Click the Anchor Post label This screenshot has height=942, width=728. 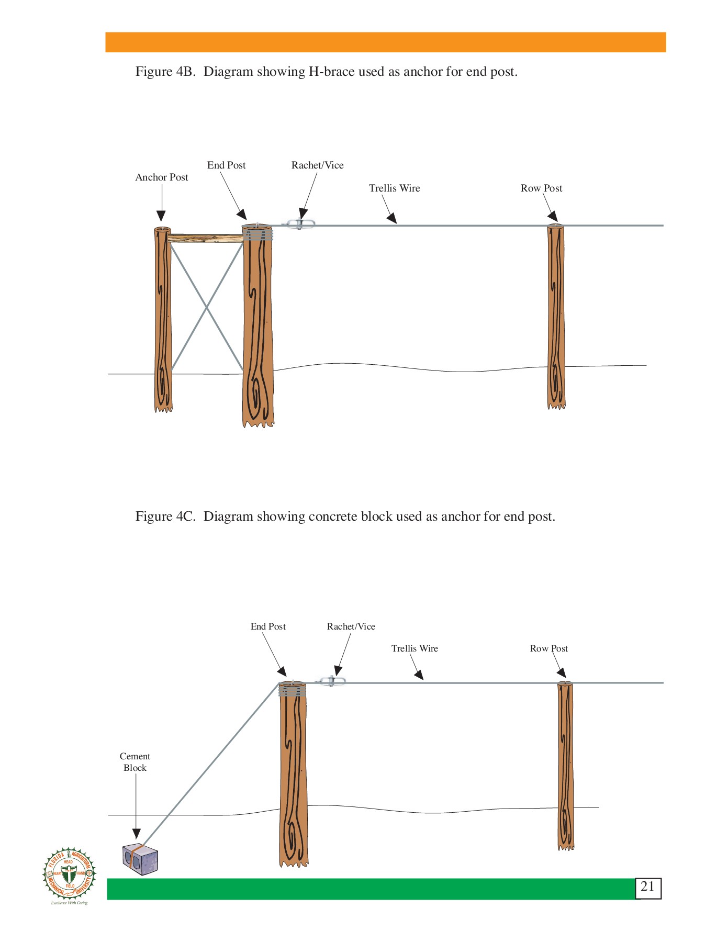point(161,177)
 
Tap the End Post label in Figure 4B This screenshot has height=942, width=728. point(226,165)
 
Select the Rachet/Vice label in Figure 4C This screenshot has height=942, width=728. point(351,626)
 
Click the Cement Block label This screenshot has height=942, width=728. point(135,762)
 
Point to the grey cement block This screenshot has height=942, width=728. point(140,859)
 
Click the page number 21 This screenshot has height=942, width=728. point(647,887)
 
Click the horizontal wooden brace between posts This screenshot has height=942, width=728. point(206,239)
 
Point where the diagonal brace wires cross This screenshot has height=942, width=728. point(207,308)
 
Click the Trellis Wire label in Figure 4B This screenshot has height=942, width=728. point(394,188)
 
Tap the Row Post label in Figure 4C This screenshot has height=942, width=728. point(548,649)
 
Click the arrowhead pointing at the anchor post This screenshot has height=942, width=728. point(161,216)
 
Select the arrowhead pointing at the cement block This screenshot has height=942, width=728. point(136,834)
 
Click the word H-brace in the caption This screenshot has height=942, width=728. point(331,72)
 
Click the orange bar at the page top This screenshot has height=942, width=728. point(385,42)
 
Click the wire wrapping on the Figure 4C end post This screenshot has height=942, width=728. point(292,691)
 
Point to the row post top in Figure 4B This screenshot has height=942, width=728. point(555,227)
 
